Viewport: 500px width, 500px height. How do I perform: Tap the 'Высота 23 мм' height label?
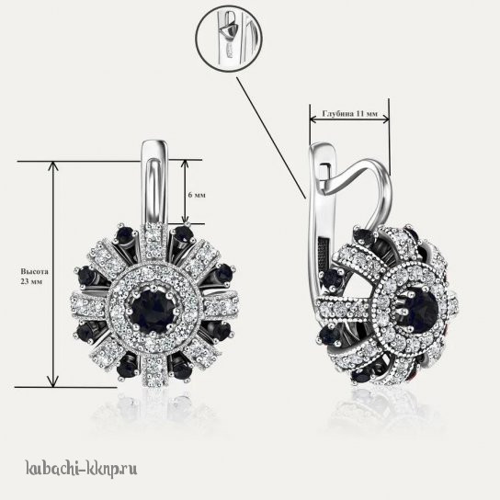(34, 277)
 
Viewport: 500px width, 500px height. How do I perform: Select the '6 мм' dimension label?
(197, 195)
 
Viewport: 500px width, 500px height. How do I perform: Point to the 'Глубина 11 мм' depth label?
(350, 114)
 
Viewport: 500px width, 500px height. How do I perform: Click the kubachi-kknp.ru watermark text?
(81, 469)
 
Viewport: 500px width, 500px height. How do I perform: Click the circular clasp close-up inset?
(229, 38)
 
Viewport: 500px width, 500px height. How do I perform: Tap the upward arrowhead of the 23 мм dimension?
(53, 165)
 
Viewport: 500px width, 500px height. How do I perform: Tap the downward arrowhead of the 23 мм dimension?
(53, 381)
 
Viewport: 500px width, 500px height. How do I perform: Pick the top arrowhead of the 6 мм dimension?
(186, 164)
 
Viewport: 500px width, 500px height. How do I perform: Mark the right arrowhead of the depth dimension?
(385, 119)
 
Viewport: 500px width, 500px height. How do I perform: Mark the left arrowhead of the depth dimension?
(313, 119)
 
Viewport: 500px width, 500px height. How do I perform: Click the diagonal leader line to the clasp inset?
(271, 138)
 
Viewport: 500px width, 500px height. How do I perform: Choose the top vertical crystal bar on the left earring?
(154, 241)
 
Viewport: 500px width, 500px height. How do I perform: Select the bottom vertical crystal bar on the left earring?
(154, 371)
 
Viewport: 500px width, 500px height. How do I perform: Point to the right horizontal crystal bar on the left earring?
(222, 307)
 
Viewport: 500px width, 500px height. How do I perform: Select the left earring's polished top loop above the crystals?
(154, 182)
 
